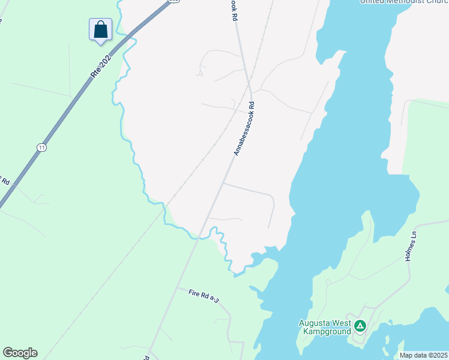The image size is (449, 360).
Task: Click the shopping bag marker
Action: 101,29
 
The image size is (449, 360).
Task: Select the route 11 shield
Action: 41,148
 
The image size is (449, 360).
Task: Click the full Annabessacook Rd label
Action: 244,128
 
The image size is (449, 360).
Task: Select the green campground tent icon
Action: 360,326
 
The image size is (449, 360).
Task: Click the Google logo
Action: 20,353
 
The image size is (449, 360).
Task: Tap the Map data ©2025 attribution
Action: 423,355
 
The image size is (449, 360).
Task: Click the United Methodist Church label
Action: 400,2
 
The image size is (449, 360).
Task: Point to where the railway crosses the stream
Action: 163,207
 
